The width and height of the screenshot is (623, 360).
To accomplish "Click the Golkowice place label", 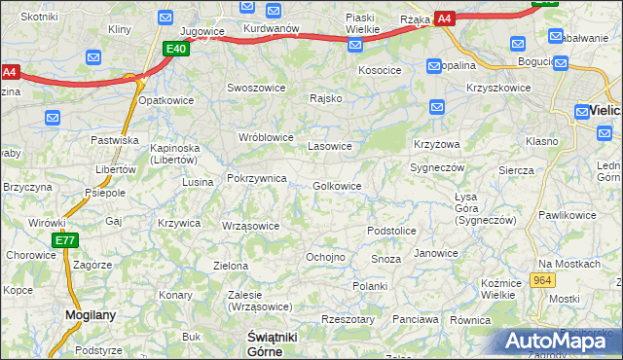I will (337, 186).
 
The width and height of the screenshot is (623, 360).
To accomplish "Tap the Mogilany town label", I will (91, 315).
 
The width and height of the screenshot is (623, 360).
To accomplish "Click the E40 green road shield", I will (176, 49).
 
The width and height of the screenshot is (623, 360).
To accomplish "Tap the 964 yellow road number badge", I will (543, 280).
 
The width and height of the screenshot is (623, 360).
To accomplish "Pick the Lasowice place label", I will (329, 147).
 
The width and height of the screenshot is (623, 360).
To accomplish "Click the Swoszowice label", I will (256, 87).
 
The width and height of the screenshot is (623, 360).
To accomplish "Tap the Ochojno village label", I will (325, 257).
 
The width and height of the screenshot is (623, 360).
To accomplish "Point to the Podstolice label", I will (391, 231).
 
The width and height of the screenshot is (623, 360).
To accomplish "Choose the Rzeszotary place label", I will (348, 319).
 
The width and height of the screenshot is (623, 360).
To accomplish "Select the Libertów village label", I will (115, 169).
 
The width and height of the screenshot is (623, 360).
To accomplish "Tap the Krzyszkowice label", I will (498, 88).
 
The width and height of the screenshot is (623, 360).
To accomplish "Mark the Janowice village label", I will (435, 253).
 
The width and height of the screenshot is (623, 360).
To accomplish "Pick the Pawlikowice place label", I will (567, 214).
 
